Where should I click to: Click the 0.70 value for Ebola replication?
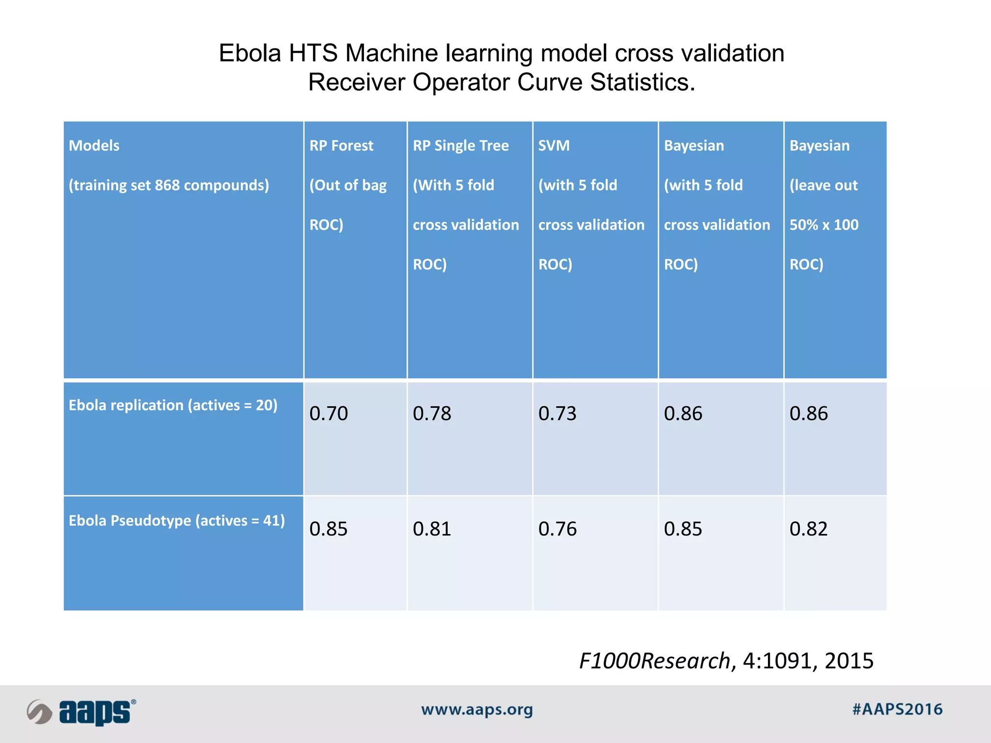pyautogui.click(x=329, y=414)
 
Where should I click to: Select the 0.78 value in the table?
pyautogui.click(x=432, y=414)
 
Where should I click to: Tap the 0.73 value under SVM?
pyautogui.click(x=557, y=414)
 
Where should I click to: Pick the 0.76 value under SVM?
pyautogui.click(x=557, y=529)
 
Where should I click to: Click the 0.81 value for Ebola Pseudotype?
pyautogui.click(x=432, y=529)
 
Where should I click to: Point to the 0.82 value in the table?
pyautogui.click(x=809, y=529)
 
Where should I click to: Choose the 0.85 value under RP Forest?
pyautogui.click(x=329, y=529)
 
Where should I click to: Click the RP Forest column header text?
pyautogui.click(x=341, y=146)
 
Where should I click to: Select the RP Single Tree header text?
pyautogui.click(x=461, y=146)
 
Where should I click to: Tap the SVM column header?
pyautogui.click(x=554, y=146)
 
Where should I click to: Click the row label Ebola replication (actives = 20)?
pyautogui.click(x=173, y=405)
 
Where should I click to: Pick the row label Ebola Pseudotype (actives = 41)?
pyautogui.click(x=177, y=520)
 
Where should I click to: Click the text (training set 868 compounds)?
pyautogui.click(x=169, y=185)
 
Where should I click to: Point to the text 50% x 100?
pyautogui.click(x=824, y=225)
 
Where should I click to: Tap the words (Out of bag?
pyautogui.click(x=348, y=185)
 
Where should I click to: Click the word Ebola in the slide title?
pyautogui.click(x=250, y=53)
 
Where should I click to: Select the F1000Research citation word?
pyautogui.click(x=655, y=661)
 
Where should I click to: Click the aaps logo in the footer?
pyautogui.click(x=82, y=712)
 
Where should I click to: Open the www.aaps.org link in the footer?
pyautogui.click(x=477, y=710)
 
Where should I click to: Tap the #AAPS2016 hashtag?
pyautogui.click(x=897, y=709)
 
